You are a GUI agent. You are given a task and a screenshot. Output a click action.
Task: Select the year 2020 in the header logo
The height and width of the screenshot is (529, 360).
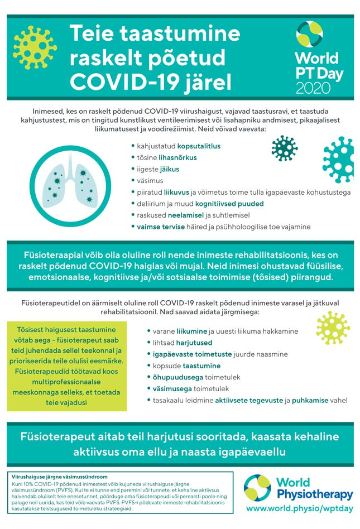pos(313,87)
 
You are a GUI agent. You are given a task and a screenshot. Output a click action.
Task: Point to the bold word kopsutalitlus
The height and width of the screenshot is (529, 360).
pos(199,146)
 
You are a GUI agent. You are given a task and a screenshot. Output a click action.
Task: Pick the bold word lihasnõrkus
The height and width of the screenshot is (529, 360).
pos(179,158)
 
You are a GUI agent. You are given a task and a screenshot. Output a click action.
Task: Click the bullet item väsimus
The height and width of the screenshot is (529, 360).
pos(150,181)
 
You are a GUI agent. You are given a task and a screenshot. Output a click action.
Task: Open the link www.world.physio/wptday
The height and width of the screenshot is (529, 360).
pos(299,509)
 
